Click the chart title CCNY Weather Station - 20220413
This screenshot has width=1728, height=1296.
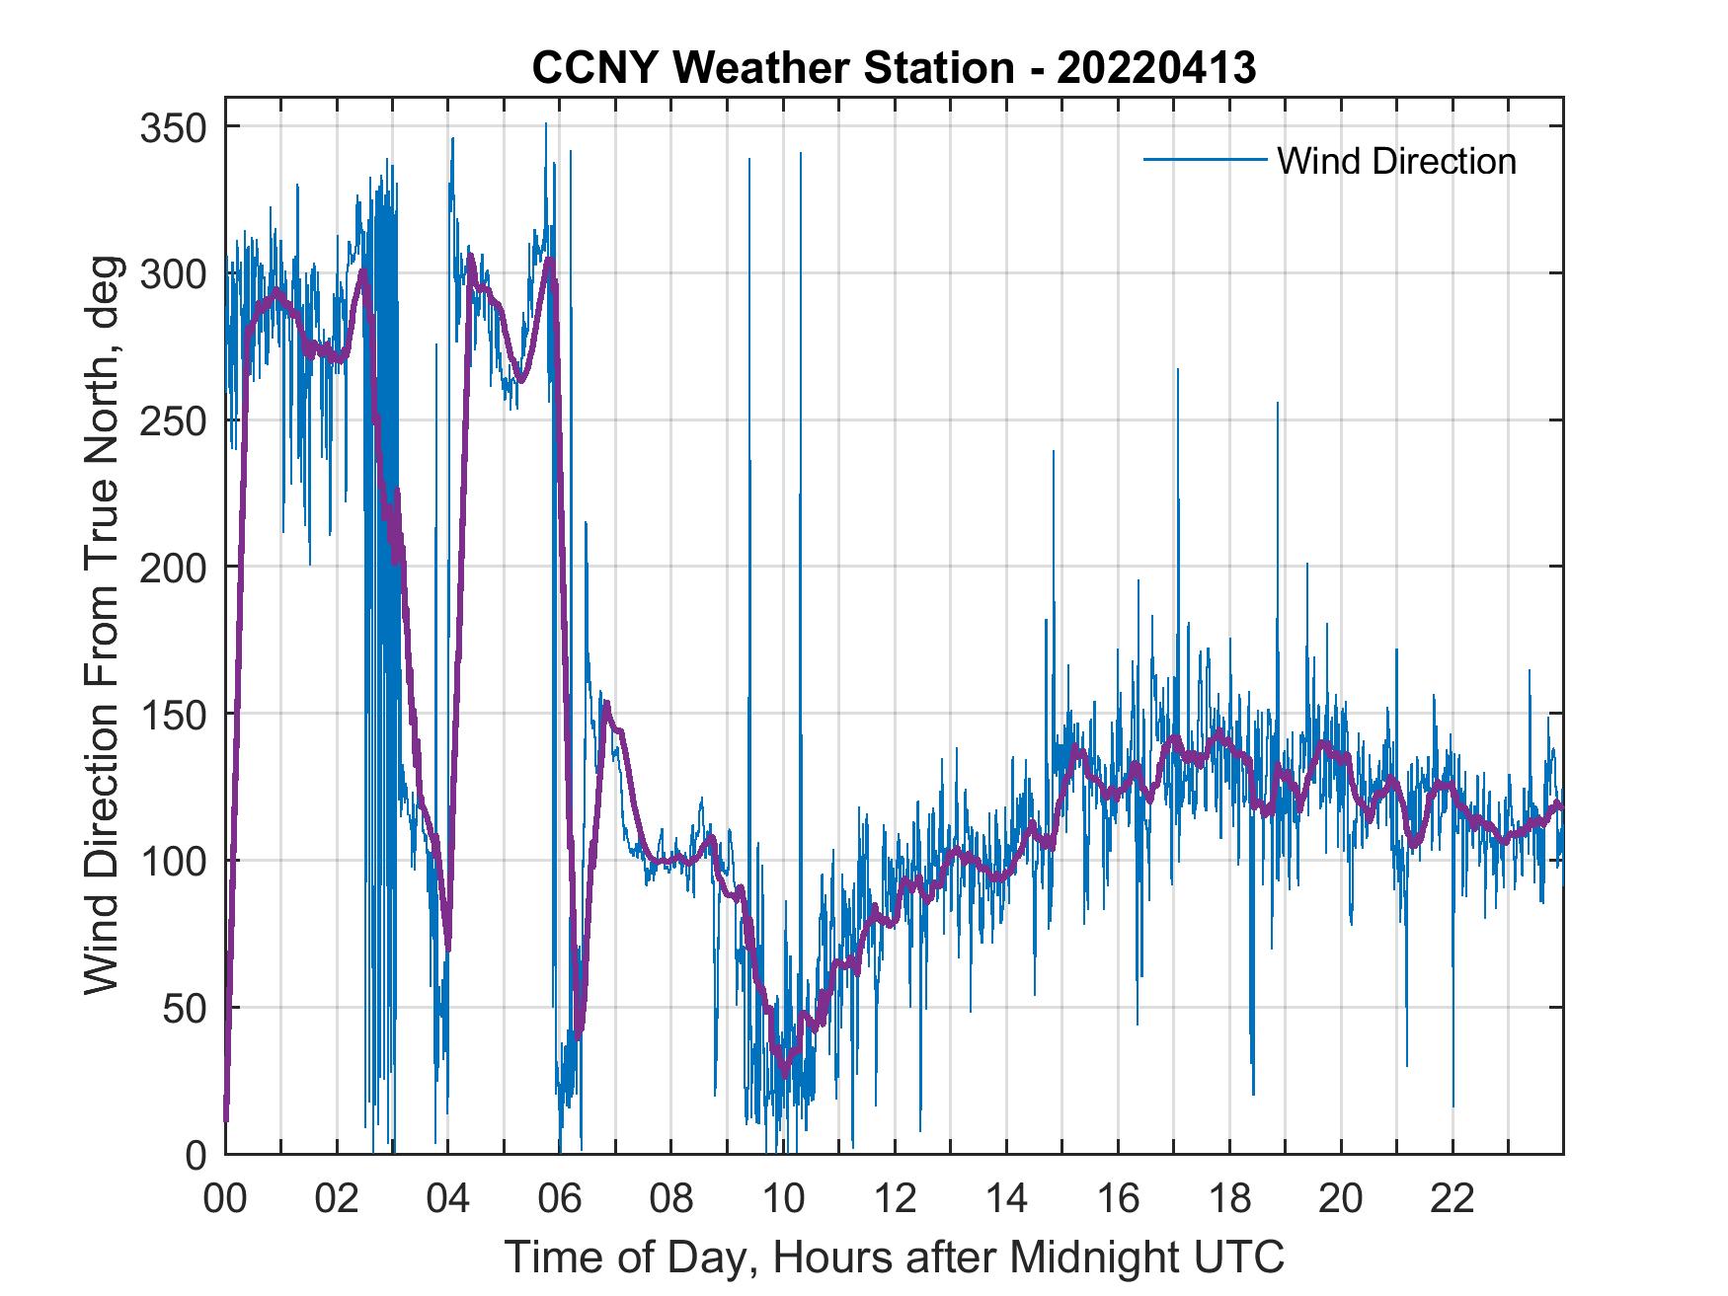click(x=894, y=68)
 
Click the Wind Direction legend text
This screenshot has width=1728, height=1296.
click(x=1396, y=161)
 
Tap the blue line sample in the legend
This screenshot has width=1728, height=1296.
click(x=1205, y=159)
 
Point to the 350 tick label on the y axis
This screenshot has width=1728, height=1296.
click(x=171, y=127)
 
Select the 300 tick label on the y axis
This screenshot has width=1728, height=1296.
click(x=171, y=274)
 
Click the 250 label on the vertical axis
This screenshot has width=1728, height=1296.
click(x=171, y=420)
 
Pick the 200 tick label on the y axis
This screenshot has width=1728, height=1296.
click(x=171, y=568)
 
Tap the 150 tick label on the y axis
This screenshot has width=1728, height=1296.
click(x=171, y=714)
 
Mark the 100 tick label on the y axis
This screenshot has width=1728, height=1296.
click(x=171, y=861)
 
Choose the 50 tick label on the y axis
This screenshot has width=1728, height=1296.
click(x=184, y=1008)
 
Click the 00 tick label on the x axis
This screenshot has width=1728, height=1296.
click(x=225, y=1200)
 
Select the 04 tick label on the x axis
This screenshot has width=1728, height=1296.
click(x=448, y=1200)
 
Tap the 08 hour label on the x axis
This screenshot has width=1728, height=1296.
click(x=671, y=1200)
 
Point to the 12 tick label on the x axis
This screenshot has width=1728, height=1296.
click(x=895, y=1200)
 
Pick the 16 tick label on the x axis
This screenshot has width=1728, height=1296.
click(x=1118, y=1200)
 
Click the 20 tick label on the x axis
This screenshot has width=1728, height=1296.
click(x=1341, y=1200)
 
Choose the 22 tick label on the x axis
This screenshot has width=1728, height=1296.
click(x=1453, y=1200)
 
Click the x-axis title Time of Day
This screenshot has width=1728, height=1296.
click(x=895, y=1258)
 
